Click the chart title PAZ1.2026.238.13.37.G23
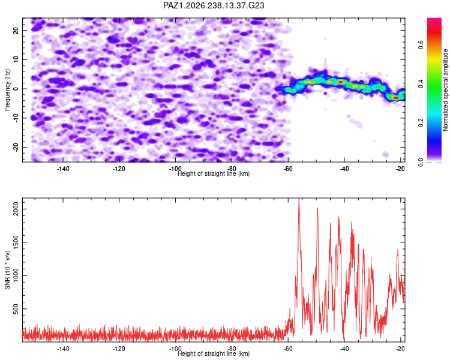pos(214,5)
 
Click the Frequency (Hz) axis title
pos(7,90)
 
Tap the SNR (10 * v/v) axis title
pos(7,270)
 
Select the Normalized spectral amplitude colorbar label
pos(445,90)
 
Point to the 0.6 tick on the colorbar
pos(421,45)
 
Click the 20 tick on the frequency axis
pos(16,31)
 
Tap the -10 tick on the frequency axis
pos(16,118)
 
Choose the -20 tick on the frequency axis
pos(16,147)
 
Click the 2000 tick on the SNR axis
pos(16,209)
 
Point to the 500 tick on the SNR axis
pos(16,309)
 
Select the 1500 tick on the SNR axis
pos(16,242)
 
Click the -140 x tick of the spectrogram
pos(63,169)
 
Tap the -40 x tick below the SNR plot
pos(344,349)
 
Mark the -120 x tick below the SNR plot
pos(119,349)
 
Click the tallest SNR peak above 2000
pos(299,199)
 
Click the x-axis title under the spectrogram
pos(214,173)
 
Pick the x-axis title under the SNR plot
pos(214,353)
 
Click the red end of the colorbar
pos(434,20)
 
